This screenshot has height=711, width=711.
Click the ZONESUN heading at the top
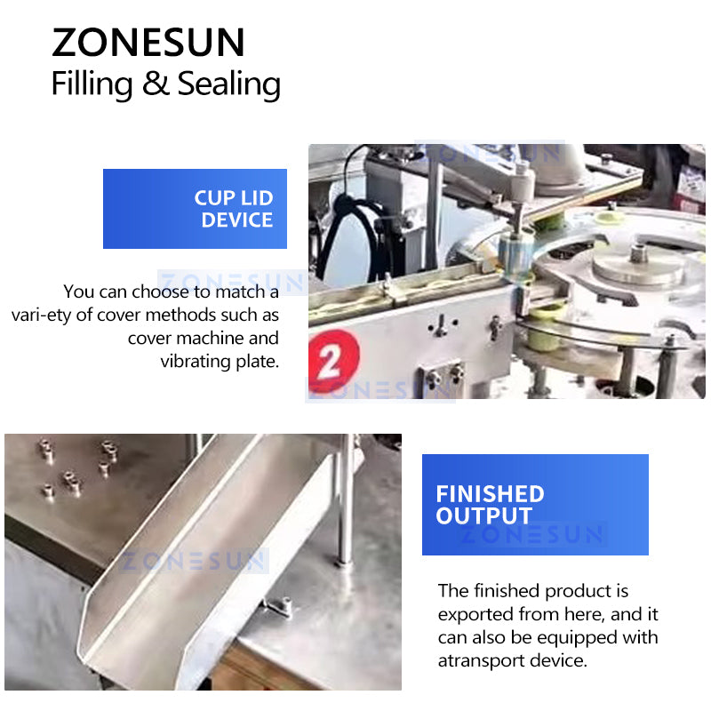(148, 43)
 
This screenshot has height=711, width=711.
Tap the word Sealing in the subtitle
(228, 84)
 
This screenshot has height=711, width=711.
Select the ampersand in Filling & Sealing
(155, 84)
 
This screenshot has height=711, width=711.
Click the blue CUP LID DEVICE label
(195, 209)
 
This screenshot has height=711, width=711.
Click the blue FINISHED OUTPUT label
(534, 505)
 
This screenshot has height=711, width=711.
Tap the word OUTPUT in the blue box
(483, 516)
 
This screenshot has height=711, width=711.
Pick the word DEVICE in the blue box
(236, 220)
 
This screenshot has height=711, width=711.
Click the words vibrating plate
(220, 361)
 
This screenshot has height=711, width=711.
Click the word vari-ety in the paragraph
(42, 315)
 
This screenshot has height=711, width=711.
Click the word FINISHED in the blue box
(490, 493)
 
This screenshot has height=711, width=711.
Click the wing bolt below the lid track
(438, 327)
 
